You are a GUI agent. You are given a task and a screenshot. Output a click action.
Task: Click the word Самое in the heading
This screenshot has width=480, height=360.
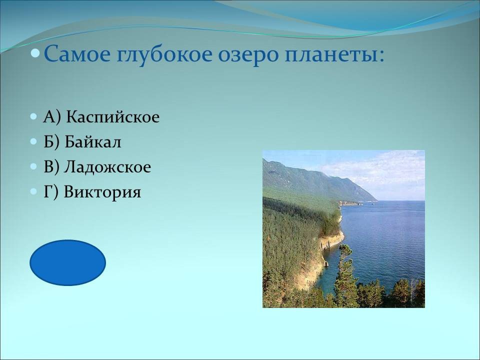[77, 53]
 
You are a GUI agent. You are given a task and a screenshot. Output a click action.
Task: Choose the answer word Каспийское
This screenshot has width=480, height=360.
[113, 116]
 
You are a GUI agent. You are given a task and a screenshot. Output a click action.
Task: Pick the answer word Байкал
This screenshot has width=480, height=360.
[93, 141]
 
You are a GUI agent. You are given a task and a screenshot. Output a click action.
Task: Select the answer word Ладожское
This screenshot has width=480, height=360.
[107, 167]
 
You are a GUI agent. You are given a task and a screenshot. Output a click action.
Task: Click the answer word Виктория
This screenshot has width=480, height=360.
[102, 192]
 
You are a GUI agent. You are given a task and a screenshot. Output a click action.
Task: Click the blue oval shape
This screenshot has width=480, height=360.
[67, 262]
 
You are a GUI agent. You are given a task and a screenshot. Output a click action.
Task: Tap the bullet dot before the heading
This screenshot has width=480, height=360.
[35, 53]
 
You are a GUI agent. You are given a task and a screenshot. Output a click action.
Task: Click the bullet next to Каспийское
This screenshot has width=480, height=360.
[33, 117]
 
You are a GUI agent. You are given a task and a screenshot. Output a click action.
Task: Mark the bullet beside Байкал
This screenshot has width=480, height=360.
[33, 142]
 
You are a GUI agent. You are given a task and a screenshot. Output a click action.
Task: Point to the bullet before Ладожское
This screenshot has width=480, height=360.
[33, 167]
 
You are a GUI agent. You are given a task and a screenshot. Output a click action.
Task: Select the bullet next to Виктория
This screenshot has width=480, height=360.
[33, 192]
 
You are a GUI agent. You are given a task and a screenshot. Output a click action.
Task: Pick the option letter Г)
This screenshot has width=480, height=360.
[51, 192]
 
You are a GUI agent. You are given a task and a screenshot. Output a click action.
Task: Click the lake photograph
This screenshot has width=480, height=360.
[343, 229]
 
